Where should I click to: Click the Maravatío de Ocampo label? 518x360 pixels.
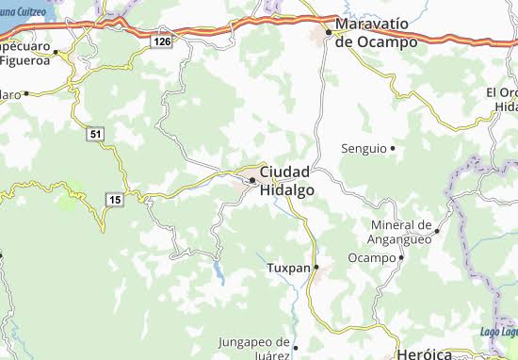tap(380, 35)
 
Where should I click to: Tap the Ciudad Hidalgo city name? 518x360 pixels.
tap(286, 180)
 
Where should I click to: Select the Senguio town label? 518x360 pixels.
tap(363, 149)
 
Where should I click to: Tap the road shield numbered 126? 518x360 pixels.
tap(163, 41)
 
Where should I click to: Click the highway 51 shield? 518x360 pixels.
tap(96, 135)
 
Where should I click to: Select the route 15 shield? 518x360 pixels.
tap(114, 200)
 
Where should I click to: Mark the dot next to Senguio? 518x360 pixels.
tap(393, 149)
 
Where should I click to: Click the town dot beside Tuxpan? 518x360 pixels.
tap(317, 268)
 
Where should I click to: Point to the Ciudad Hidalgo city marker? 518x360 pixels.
tap(252, 180)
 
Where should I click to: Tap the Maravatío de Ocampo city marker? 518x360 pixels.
tap(330, 32)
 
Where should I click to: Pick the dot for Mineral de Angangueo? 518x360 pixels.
tap(437, 232)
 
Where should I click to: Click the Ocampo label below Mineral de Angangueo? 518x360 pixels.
tap(370, 257)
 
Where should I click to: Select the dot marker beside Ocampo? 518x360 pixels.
tap(401, 257)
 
